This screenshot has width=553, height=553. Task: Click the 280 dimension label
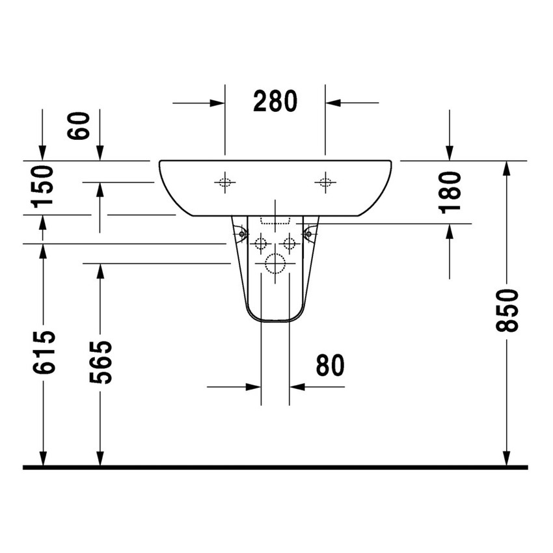tap(275, 102)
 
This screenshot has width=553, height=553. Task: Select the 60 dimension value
tap(79, 126)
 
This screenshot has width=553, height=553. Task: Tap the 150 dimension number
tap(43, 186)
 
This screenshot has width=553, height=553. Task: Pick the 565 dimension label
tap(100, 361)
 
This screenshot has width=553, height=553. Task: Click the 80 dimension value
tap(330, 366)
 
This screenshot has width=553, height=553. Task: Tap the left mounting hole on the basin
tap(224, 183)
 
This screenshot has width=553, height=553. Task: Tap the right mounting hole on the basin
tap(325, 183)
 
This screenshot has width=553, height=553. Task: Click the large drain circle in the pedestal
tap(275, 264)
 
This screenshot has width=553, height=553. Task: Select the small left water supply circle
tap(261, 244)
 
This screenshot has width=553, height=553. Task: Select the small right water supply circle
tap(290, 244)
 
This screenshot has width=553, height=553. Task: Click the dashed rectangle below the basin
tap(275, 221)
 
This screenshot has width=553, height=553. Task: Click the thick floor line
tap(275, 467)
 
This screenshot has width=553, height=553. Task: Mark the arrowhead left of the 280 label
tap(217, 103)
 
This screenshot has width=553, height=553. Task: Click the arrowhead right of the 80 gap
tap(297, 386)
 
